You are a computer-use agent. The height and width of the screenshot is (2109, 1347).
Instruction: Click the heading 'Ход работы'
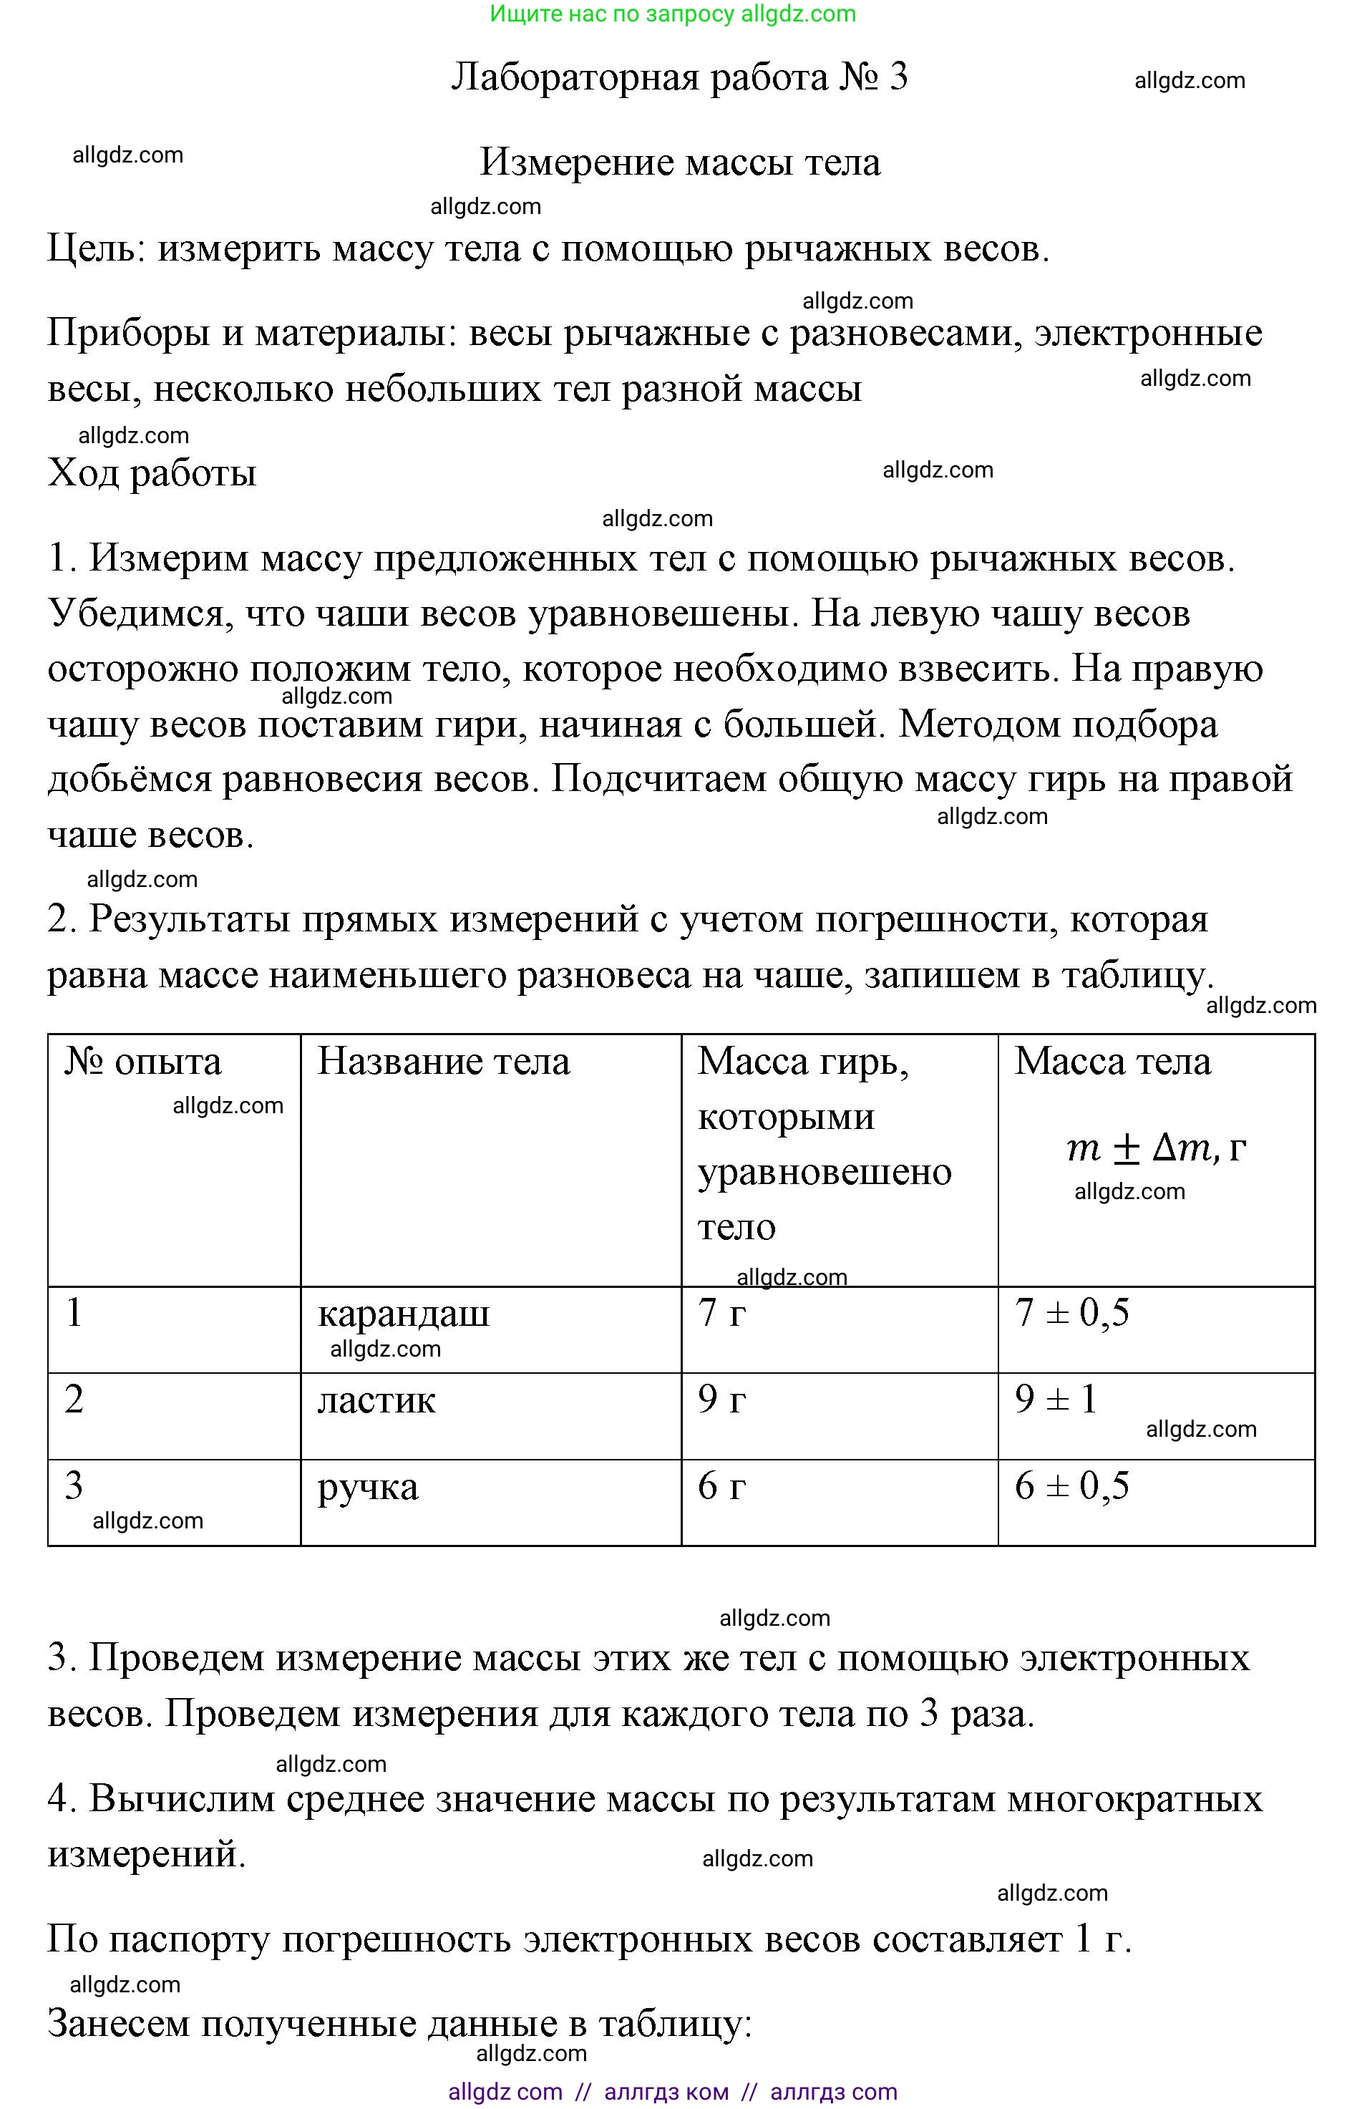(152, 474)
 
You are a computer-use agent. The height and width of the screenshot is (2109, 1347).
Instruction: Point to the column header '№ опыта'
(142, 1062)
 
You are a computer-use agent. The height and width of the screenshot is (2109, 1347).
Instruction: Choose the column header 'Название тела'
(443, 1062)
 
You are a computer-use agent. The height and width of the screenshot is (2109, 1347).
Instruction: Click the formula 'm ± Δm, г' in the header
(1155, 1148)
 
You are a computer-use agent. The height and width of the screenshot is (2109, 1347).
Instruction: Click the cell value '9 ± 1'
(1056, 1400)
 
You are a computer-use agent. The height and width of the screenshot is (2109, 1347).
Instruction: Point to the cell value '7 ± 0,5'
(1072, 1313)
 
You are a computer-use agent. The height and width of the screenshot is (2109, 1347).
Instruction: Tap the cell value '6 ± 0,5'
(1072, 1486)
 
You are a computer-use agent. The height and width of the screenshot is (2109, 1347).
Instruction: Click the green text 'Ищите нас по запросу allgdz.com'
(673, 14)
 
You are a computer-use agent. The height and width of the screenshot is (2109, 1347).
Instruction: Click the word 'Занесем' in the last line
(118, 2024)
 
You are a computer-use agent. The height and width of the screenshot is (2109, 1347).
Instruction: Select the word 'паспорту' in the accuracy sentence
(196, 1940)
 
